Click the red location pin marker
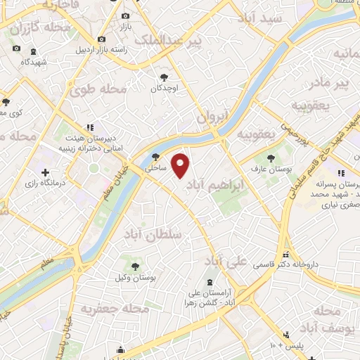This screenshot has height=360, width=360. pos(181,165)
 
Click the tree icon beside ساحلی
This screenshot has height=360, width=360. pos(155,157)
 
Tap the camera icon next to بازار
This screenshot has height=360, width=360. pos(126,15)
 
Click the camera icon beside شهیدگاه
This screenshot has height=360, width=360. pos(16,49)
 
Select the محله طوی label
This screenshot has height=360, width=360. pos(94,89)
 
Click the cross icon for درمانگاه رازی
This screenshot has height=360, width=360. pos(45,172)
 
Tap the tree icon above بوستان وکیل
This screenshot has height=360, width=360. pos(136,265)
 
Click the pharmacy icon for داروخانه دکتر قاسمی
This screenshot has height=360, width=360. pos(285,255)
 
